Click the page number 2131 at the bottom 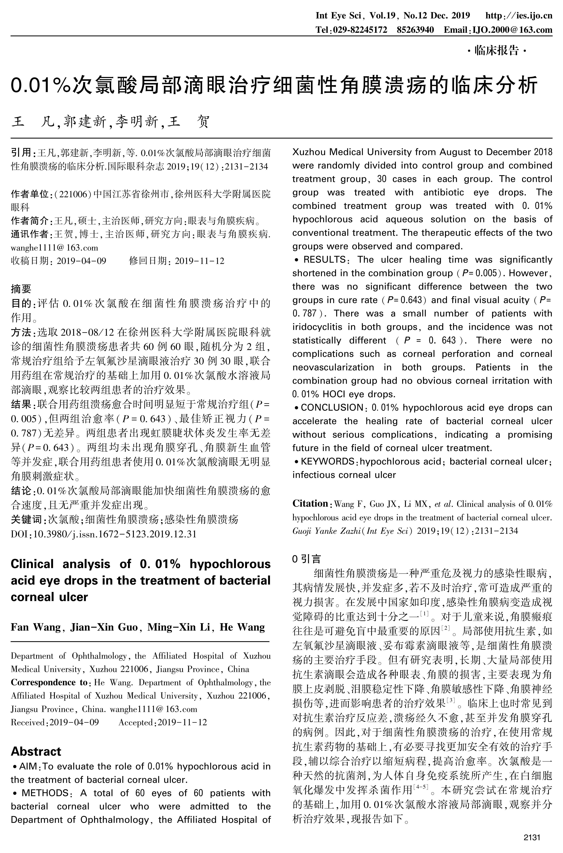pos(532,838)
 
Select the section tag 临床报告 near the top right pos(497,51)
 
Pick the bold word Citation pos(310,503)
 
